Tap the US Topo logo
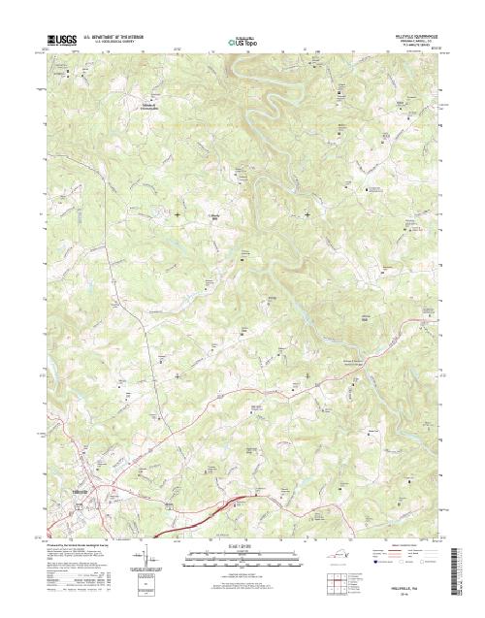click(x=242, y=42)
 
